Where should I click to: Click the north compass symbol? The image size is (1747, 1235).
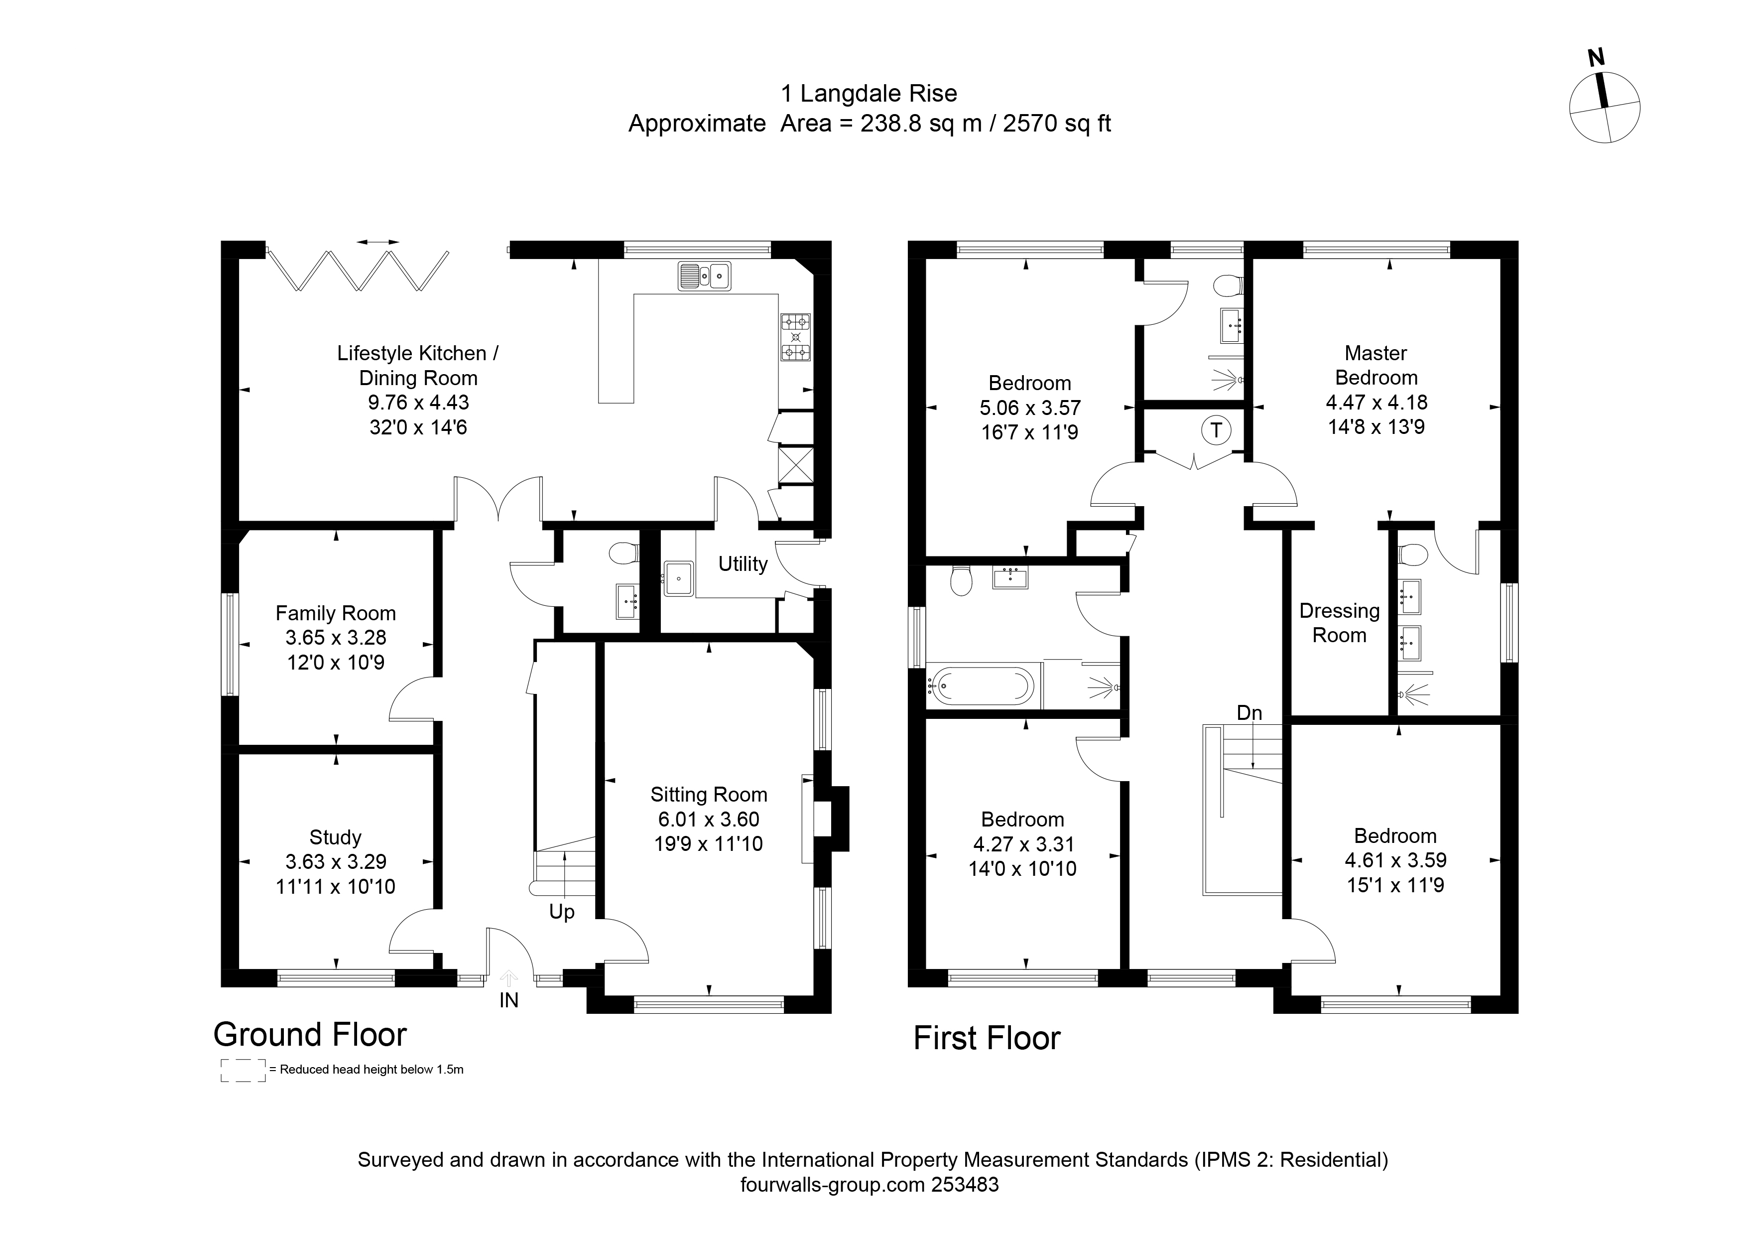pos(1604,107)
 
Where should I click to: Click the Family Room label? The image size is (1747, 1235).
pos(336,613)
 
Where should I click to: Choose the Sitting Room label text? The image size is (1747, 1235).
pos(708,795)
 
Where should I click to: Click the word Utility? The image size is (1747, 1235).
pos(743,564)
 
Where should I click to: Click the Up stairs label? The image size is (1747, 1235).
pos(562,912)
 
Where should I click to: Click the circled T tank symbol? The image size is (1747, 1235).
pos(1215,430)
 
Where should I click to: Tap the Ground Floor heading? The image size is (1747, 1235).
pos(310,1034)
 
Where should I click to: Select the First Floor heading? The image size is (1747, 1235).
pos(987,1038)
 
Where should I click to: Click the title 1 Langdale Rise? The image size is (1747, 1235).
pos(869,94)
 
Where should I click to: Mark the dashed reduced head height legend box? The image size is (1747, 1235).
pos(243,1070)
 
